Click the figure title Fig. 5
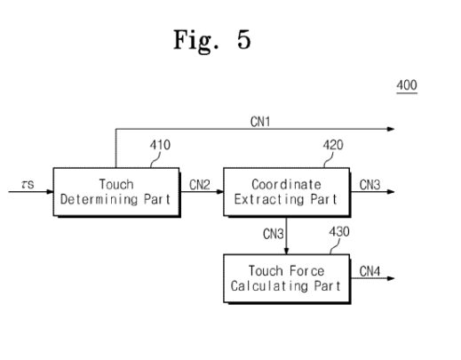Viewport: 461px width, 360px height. coord(211,42)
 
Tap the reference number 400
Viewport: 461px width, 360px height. coord(406,86)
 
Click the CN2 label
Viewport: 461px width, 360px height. coord(200,184)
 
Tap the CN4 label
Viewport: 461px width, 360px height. coord(370,269)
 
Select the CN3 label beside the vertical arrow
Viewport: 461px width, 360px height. coord(274,235)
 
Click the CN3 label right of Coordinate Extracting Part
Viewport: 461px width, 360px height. coord(370,184)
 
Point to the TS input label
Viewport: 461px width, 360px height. coord(28,184)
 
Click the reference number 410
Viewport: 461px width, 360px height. coord(161,146)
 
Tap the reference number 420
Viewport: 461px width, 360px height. coord(334,146)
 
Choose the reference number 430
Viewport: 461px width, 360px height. coord(339,232)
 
